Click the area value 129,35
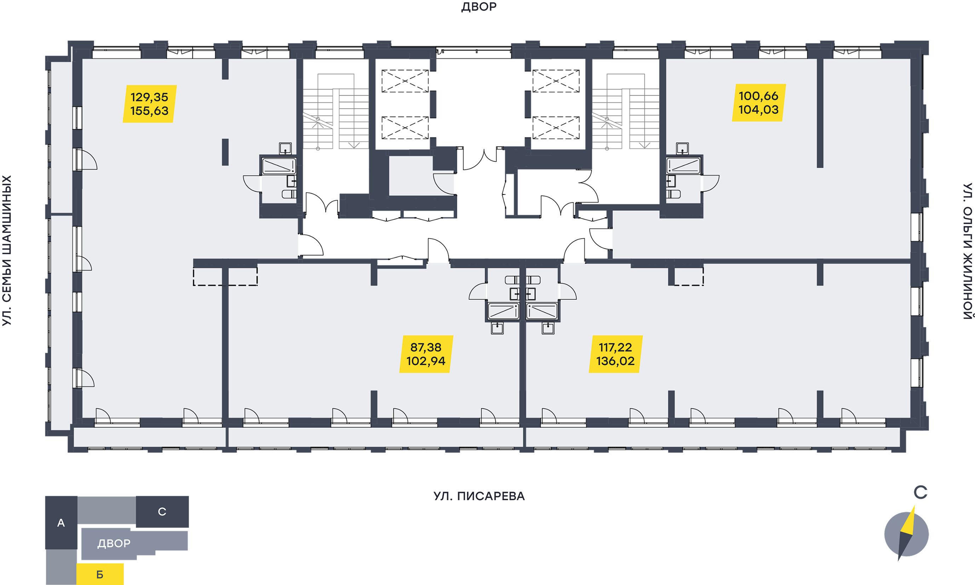pos(150,96)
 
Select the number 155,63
pos(150,111)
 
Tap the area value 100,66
pos(758,95)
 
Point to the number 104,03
pos(758,109)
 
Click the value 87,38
pos(426,347)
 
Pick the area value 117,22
pos(615,347)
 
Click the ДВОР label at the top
pos(479,7)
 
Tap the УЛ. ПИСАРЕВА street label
pos(479,496)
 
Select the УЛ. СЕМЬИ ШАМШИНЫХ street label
pos(7,251)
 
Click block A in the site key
pos(61,523)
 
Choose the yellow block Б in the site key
pos(100,574)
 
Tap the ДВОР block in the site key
pos(114,544)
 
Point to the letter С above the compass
pos(921,493)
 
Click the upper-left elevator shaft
pos(405,81)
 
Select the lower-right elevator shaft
pos(556,128)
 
